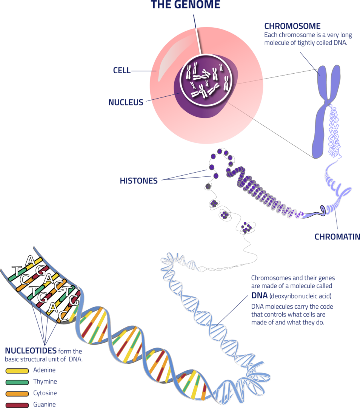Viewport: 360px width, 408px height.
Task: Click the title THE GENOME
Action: tap(185, 5)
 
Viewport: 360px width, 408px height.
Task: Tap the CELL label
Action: tap(122, 70)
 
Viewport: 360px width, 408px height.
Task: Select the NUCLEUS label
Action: tap(126, 102)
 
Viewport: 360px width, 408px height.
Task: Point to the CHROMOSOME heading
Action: tap(292, 26)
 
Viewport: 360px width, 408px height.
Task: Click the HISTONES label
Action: tap(138, 181)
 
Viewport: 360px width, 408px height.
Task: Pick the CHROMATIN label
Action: tap(337, 237)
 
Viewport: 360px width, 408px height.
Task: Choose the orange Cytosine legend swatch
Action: tap(17, 394)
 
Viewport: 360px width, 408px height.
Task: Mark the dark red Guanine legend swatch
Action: tap(17, 405)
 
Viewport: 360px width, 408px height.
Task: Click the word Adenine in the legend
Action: tap(45, 370)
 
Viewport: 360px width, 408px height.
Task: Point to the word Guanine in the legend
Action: tap(45, 404)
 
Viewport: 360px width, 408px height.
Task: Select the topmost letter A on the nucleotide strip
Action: tap(30, 261)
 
